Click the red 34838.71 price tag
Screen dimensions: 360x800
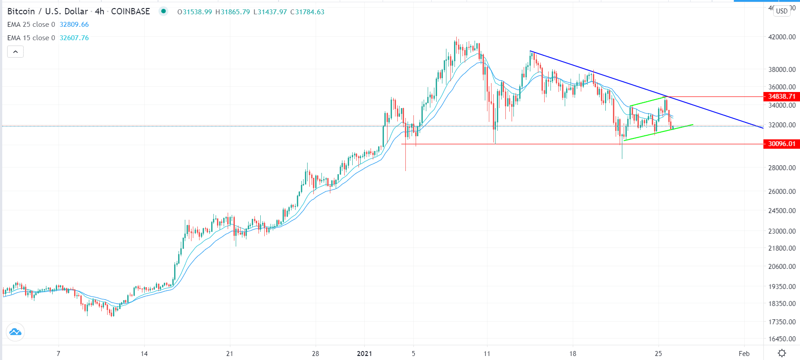click(781, 96)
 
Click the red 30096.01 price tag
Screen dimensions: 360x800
click(781, 144)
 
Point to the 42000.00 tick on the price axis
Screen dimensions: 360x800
click(782, 37)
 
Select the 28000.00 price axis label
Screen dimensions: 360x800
click(782, 168)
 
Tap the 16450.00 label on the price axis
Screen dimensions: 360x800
click(782, 339)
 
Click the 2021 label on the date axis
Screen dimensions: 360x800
click(364, 354)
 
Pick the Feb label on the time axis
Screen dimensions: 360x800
click(744, 354)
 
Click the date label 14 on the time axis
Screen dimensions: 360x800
click(144, 354)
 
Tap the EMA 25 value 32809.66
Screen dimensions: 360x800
click(74, 25)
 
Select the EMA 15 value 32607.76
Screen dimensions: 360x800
click(74, 38)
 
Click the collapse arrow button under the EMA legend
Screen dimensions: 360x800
click(15, 52)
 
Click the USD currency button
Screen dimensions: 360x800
click(782, 11)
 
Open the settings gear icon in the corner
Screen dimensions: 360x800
click(782, 353)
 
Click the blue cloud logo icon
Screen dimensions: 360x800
click(15, 332)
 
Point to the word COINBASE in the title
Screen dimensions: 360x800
click(130, 12)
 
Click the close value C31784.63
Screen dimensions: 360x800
click(308, 12)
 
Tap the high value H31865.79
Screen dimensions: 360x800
click(233, 12)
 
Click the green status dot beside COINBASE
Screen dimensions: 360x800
click(163, 12)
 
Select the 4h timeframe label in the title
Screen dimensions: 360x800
click(100, 12)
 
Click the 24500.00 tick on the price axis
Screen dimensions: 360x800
click(782, 211)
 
